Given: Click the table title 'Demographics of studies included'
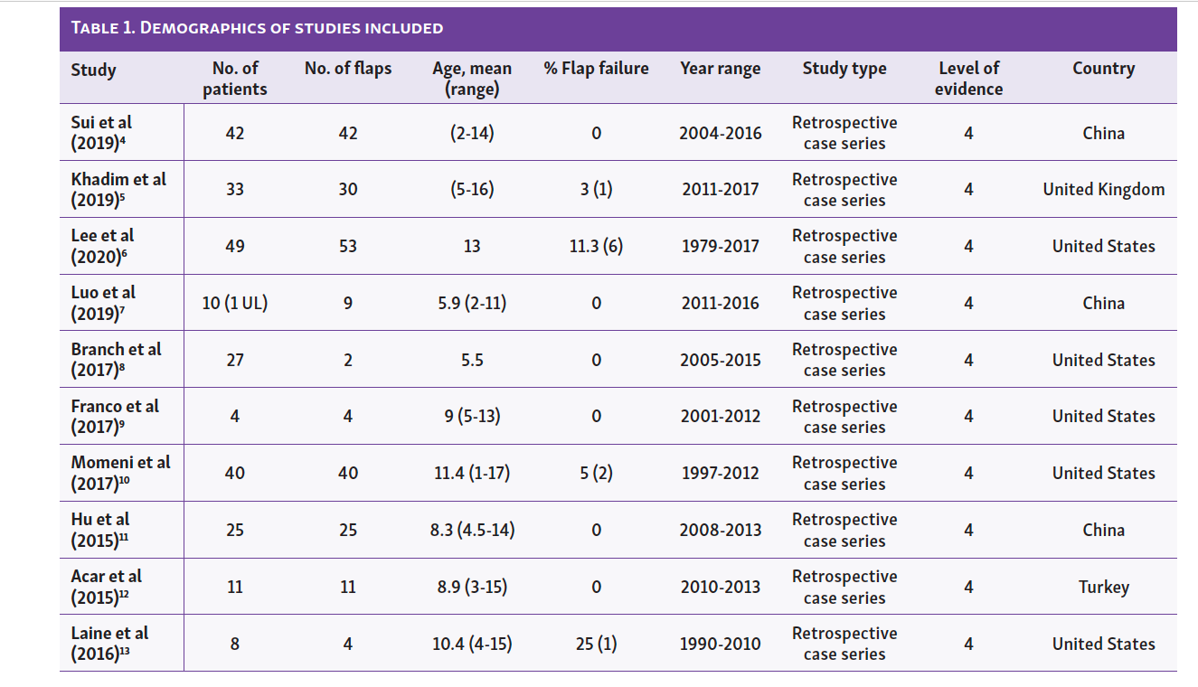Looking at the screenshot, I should [257, 27].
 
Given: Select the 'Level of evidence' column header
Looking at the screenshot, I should [968, 79].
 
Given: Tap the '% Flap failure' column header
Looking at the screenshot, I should [596, 69].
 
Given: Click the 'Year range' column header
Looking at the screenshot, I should [721, 69].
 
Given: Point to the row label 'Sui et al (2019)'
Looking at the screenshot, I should [102, 133].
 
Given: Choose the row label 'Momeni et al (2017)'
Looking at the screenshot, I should [120, 473].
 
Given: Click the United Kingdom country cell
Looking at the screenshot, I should [1103, 190].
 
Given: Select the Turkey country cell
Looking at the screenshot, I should [1103, 588].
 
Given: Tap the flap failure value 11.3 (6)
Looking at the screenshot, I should [596, 246].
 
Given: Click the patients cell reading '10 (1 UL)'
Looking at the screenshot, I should [234, 303].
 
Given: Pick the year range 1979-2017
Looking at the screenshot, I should [721, 246].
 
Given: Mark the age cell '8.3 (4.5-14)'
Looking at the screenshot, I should [472, 531].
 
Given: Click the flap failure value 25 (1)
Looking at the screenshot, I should [596, 645].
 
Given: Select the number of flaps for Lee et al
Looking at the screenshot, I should [348, 246].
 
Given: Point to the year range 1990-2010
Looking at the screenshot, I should [721, 645].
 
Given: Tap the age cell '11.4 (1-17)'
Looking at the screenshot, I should [472, 473].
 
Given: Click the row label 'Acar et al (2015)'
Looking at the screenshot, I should [106, 588].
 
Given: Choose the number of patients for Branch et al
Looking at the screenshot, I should [234, 360].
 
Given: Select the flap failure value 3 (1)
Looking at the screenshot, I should [596, 190].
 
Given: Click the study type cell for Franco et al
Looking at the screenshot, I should [844, 417].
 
